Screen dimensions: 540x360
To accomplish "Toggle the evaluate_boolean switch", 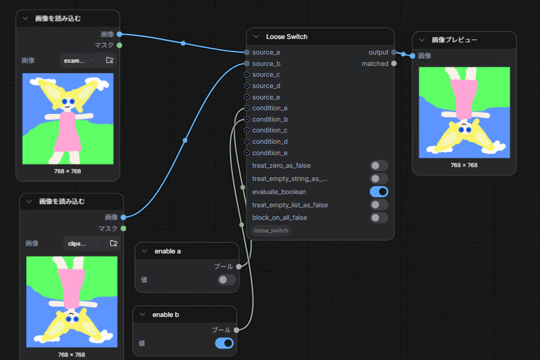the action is (x=379, y=192).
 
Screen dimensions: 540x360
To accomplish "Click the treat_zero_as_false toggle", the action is (x=379, y=166).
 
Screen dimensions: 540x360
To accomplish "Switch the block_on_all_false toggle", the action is (x=379, y=217).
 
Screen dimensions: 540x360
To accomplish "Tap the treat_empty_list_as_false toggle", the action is (x=379, y=205).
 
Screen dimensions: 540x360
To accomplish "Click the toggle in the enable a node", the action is (x=227, y=280).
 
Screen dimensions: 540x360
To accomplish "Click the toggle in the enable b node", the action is (x=224, y=343).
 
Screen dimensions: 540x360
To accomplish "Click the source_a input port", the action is (x=247, y=52).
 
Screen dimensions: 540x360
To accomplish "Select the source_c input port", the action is (x=247, y=75).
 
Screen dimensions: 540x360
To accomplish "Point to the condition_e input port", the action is (x=247, y=153).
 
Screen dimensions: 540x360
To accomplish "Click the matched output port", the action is (x=394, y=63).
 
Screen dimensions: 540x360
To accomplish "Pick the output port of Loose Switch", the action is (x=394, y=52).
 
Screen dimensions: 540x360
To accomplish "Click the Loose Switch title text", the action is (x=287, y=37).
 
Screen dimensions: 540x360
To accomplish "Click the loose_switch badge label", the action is (x=271, y=231).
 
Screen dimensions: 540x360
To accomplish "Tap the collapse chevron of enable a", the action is (x=145, y=251).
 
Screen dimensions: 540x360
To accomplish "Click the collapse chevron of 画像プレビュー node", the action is (x=422, y=40).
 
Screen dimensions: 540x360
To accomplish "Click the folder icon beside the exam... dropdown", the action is (x=110, y=60).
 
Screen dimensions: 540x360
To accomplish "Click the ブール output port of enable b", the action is (x=236, y=330).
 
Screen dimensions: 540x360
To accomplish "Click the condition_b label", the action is (x=270, y=119).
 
